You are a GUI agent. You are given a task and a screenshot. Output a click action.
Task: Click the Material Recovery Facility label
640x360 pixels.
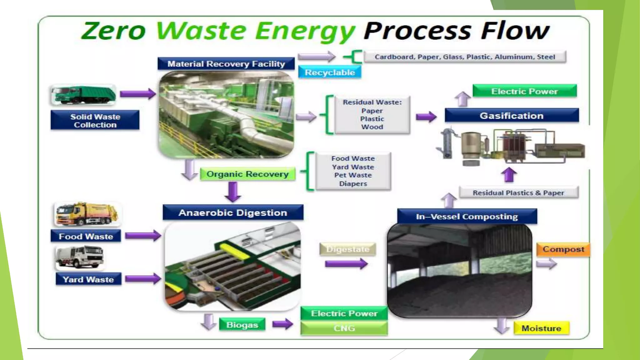[x=226, y=64]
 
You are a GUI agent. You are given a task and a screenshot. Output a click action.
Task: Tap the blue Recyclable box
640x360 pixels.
[x=330, y=72]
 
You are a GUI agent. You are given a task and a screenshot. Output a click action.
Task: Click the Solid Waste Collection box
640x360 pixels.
[x=95, y=120]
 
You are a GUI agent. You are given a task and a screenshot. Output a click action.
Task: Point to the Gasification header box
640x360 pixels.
[x=512, y=116]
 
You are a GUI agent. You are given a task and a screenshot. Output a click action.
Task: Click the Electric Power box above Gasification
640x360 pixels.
[x=524, y=91]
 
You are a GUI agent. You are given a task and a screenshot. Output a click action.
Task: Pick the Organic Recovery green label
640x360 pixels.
[x=247, y=174]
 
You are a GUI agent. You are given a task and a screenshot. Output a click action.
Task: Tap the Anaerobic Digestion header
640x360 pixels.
[x=233, y=213]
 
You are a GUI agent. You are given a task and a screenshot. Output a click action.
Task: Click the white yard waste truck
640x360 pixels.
[x=80, y=257]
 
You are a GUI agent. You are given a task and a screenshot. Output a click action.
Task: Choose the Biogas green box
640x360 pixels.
[x=242, y=325]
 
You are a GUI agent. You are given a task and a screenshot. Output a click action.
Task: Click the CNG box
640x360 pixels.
[x=344, y=328]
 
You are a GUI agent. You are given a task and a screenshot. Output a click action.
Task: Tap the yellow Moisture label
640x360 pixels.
[x=541, y=328]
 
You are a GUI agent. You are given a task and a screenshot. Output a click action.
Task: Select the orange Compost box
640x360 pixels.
[x=563, y=249]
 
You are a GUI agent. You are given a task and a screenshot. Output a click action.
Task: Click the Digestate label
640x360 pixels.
[x=347, y=249]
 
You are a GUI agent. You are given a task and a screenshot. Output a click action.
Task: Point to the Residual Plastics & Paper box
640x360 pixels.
[x=518, y=193]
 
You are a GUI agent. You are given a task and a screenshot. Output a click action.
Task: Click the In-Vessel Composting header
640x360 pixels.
[x=467, y=217]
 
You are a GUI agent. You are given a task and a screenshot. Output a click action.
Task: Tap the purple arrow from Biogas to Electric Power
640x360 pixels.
[x=282, y=324]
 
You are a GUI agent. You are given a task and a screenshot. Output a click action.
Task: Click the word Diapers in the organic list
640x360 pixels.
[x=353, y=184]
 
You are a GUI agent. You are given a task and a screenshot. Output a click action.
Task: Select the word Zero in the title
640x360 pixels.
[x=114, y=31]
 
